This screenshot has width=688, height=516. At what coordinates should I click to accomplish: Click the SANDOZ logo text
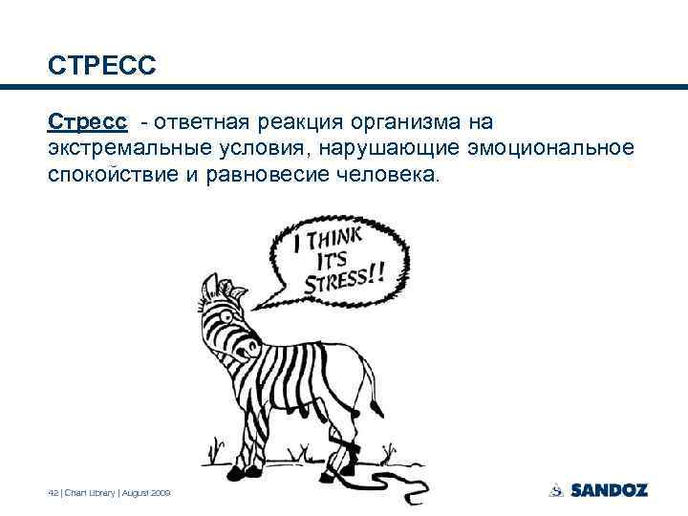click(609, 490)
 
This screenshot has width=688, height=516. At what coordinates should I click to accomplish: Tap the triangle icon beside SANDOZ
click(556, 490)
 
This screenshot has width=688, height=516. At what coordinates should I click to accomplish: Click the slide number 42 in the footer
click(54, 492)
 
